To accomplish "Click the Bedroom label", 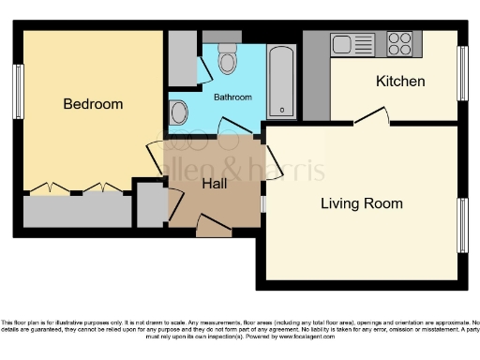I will click(x=93, y=104).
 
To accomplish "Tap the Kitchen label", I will click(x=400, y=82).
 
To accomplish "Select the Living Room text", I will click(x=362, y=203).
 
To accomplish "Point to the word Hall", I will click(x=216, y=185).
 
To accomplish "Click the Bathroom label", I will click(x=232, y=97).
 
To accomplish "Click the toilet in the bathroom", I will click(x=226, y=61).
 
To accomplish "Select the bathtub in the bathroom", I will click(x=282, y=82).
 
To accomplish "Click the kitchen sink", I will click(x=341, y=43).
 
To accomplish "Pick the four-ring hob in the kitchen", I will click(x=399, y=43).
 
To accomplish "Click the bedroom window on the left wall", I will click(x=18, y=92).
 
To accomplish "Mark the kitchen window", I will click(x=461, y=73).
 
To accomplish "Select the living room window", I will click(x=461, y=225).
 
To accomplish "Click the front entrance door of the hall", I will click(x=213, y=223).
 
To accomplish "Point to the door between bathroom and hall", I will click(x=232, y=127).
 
